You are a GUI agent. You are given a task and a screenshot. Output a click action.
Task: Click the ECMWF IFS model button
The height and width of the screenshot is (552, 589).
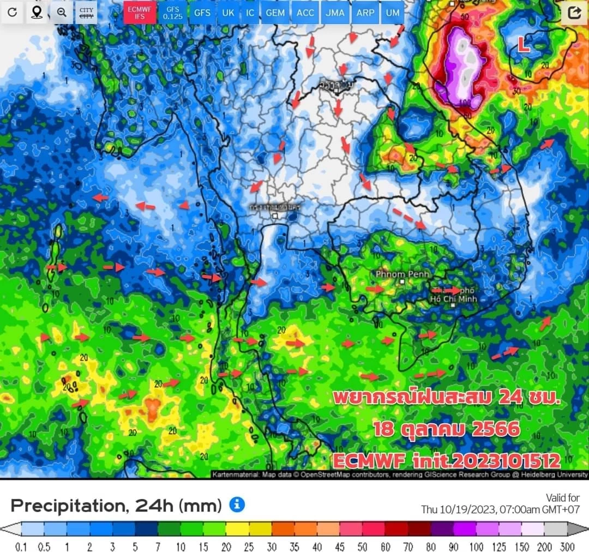coord(139,13)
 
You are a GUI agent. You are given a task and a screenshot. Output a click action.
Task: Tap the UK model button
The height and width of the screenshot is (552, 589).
coord(226,13)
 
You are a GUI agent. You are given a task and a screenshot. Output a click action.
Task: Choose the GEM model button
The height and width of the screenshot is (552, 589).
coord(275,13)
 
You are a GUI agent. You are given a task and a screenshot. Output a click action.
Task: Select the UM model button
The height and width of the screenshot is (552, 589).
coord(392,13)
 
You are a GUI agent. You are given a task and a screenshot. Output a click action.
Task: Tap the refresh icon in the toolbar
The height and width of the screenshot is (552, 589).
coord(13,13)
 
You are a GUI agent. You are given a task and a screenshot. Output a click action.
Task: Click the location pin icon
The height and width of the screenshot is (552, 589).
coord(37,13)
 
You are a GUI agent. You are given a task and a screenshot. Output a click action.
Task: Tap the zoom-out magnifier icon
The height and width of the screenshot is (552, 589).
coord(62,13)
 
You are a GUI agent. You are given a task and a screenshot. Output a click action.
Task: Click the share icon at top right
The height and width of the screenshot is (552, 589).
coord(574,13)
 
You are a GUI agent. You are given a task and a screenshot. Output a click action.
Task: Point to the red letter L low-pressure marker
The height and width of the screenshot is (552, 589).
coord(524,46)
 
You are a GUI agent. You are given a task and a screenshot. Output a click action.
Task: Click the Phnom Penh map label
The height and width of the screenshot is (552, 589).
coord(402,274)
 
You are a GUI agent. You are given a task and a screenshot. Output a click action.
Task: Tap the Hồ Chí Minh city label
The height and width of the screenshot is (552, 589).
coord(454,298)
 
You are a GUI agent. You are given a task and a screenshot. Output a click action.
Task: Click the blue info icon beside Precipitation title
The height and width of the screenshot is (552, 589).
coord(237,505)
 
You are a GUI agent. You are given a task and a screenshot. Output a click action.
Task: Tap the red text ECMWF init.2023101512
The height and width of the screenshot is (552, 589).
coord(447,461)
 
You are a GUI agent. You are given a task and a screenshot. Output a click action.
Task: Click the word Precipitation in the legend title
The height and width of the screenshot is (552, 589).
coord(65,506)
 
